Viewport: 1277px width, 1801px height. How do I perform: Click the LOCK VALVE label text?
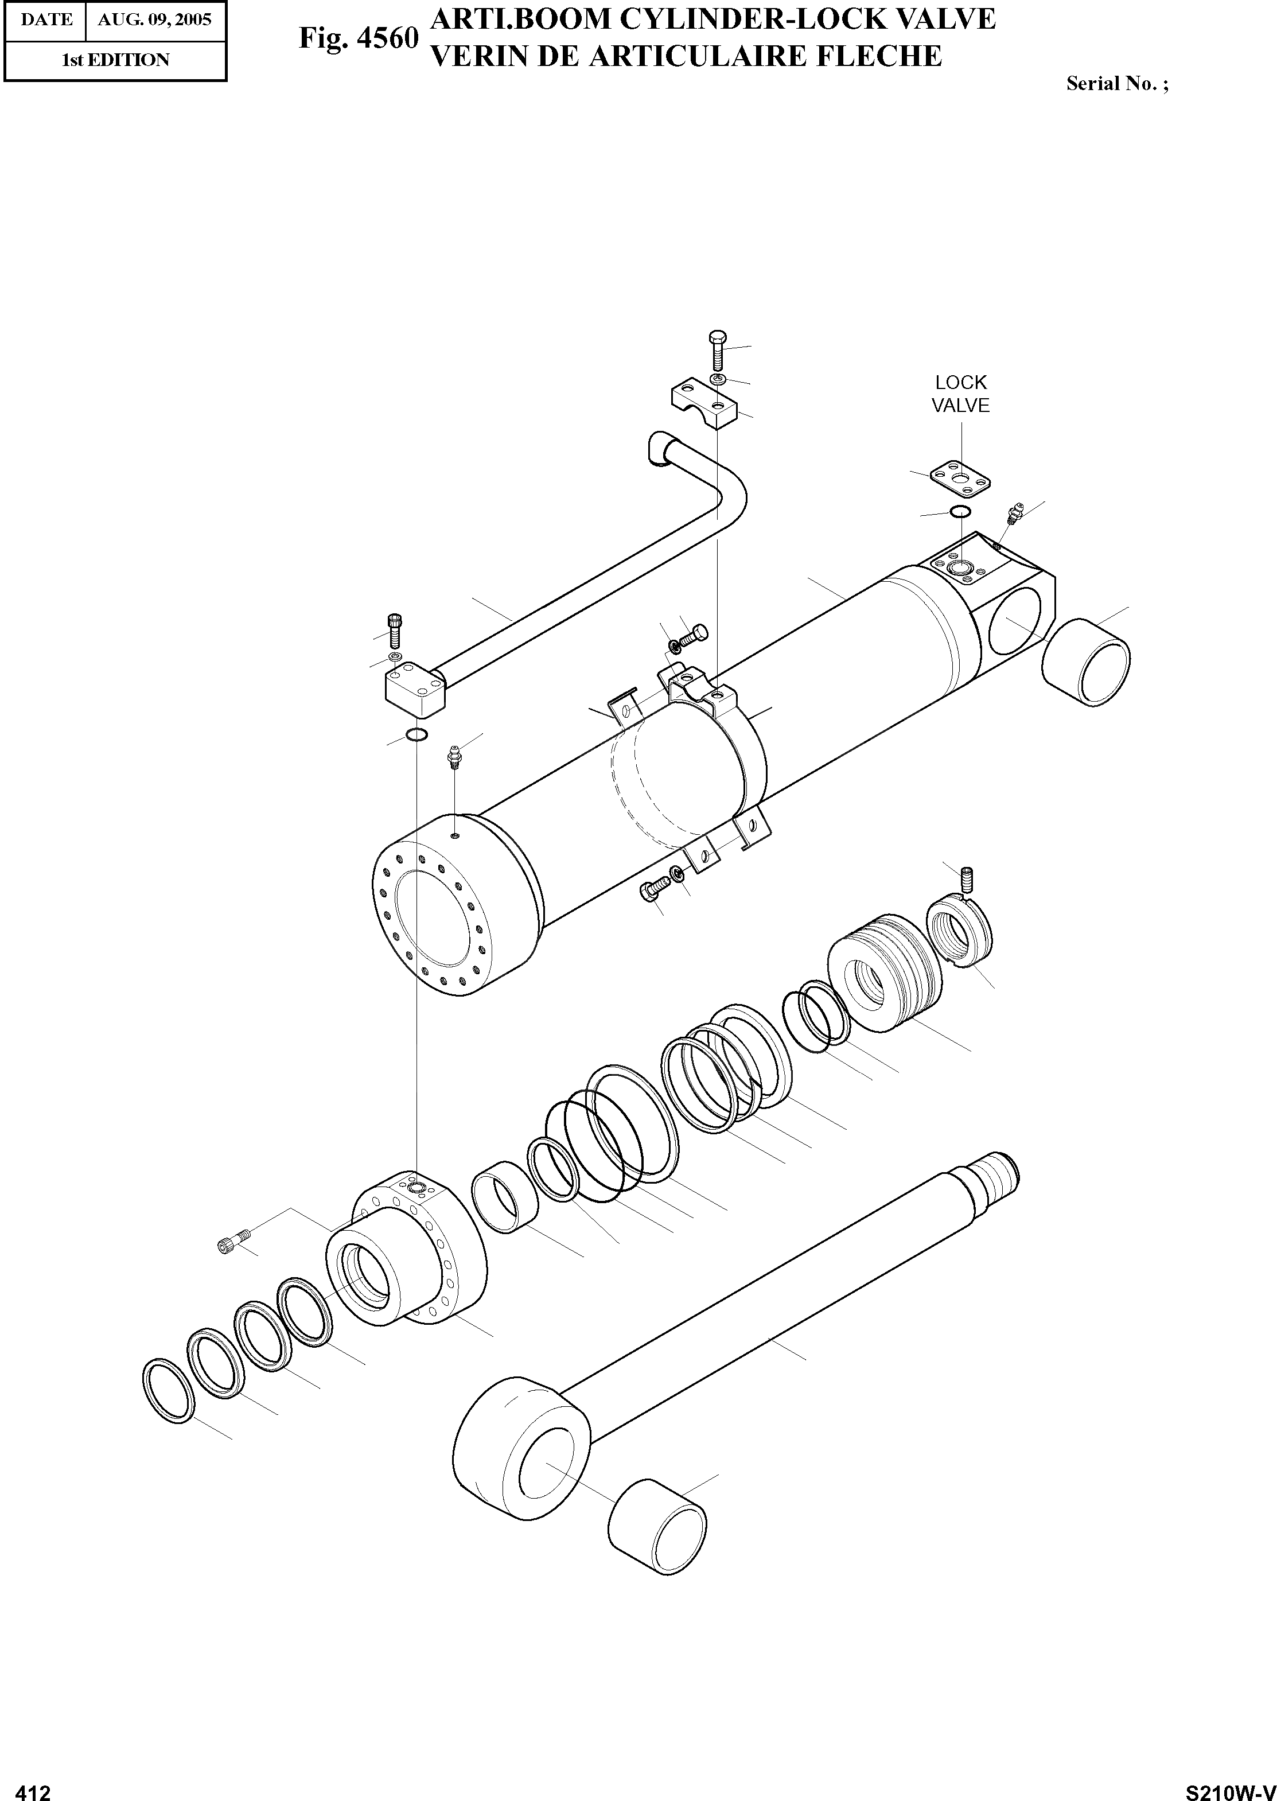click(x=960, y=394)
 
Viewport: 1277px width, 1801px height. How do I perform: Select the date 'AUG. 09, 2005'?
click(x=154, y=20)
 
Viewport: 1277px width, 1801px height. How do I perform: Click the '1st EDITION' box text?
click(x=115, y=60)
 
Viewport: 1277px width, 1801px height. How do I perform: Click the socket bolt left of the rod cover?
click(x=233, y=1243)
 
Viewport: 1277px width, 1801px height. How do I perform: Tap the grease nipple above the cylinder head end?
click(x=454, y=757)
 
